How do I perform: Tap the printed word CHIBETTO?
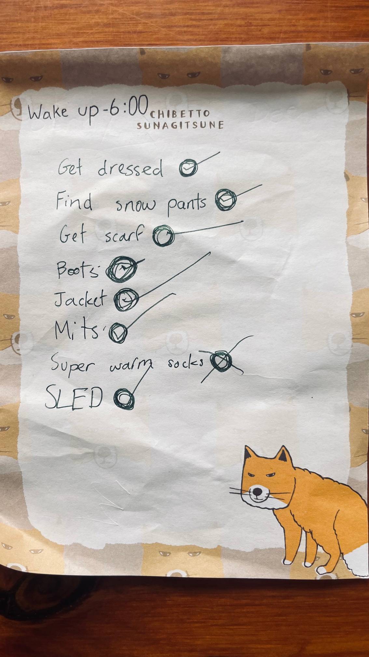tap(179, 114)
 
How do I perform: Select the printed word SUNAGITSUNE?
tap(180, 125)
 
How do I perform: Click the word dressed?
tap(130, 168)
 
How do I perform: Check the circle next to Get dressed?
tap(188, 168)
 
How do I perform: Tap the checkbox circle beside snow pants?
tap(225, 200)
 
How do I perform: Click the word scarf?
tap(124, 235)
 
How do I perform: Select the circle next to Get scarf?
tap(164, 235)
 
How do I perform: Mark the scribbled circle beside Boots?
tap(121, 269)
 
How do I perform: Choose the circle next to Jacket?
tap(126, 299)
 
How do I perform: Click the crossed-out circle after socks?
tap(221, 361)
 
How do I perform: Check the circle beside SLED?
tap(124, 398)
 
